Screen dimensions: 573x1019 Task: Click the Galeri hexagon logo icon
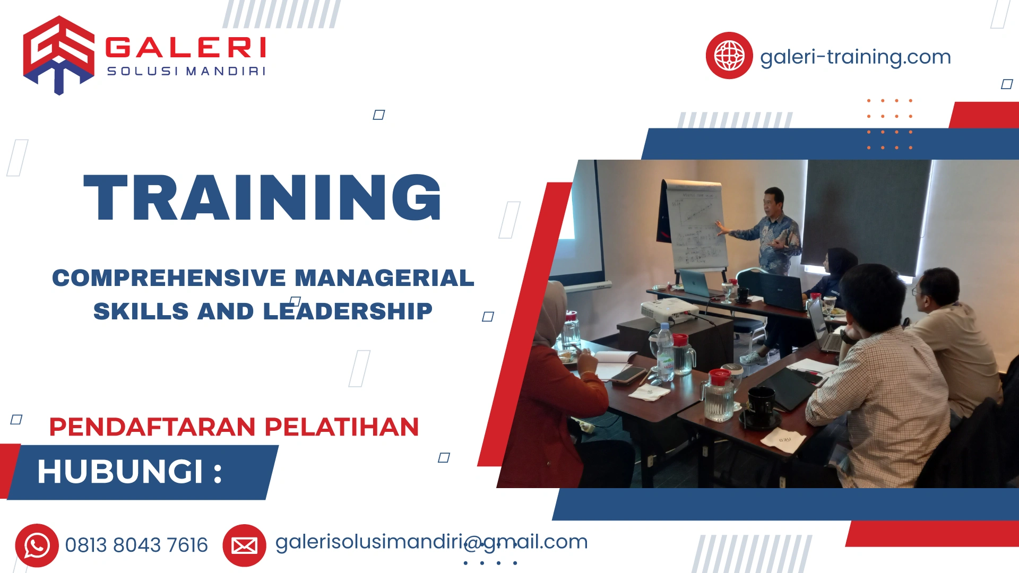click(58, 54)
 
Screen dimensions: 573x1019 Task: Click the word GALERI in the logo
click(186, 48)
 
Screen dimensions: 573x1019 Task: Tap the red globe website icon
click(729, 55)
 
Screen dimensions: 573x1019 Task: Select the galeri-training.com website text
click(855, 57)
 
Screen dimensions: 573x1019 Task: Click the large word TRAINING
click(262, 197)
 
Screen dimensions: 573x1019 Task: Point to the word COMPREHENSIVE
click(169, 278)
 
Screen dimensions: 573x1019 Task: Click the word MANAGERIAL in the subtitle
click(384, 278)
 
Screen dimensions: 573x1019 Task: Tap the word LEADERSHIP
click(348, 311)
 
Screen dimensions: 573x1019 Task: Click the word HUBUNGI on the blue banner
click(120, 471)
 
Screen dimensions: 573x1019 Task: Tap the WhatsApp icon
click(37, 545)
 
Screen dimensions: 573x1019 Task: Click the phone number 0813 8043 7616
click(136, 545)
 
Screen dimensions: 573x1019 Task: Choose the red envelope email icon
click(244, 545)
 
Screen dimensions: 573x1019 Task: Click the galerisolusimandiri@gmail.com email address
click(431, 542)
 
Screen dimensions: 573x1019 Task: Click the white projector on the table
click(668, 310)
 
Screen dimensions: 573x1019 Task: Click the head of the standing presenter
click(774, 200)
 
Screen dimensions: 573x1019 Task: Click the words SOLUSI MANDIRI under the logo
click(186, 71)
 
